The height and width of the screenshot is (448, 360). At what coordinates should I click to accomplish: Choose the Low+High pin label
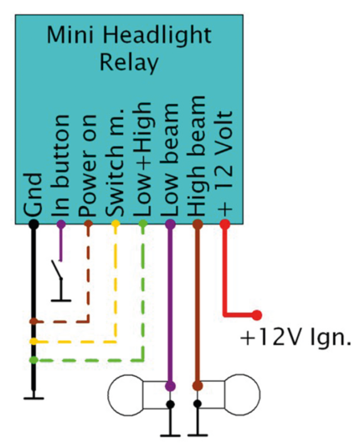tap(143, 160)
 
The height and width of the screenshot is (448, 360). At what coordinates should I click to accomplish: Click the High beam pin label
tap(198, 158)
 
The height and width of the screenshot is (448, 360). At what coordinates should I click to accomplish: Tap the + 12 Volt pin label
tap(224, 164)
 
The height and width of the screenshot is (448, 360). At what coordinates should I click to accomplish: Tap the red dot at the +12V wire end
tap(257, 315)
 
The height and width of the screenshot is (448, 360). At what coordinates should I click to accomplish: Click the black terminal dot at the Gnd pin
tap(33, 224)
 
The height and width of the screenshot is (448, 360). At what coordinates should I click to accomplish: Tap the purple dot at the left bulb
tap(170, 386)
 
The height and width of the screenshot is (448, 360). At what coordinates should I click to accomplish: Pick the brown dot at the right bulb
tap(198, 386)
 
